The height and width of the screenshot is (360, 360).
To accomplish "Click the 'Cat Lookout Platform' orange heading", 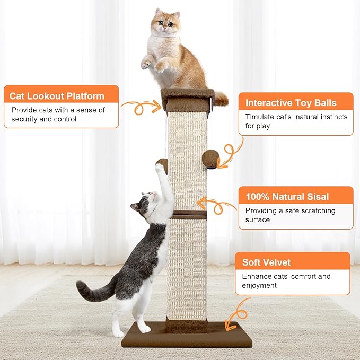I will coord(57,96).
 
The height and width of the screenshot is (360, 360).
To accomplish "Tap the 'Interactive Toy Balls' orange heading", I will coord(291,103).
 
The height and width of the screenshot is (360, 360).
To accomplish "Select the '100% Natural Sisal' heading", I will coord(287,197).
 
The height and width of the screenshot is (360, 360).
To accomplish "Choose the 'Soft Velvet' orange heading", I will coord(267,262).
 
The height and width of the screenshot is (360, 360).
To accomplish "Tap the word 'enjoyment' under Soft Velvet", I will coord(260,286).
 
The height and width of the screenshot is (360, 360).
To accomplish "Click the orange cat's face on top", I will coord(165,24).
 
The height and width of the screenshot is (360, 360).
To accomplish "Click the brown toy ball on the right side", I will coord(210,157).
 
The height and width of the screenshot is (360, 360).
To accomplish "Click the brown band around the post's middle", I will coord(189,214).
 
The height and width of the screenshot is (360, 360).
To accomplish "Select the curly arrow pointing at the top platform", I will coord(141,107).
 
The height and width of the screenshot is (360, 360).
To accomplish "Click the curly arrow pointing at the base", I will coord(236,313).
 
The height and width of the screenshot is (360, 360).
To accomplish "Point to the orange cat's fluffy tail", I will coord(221,98).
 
